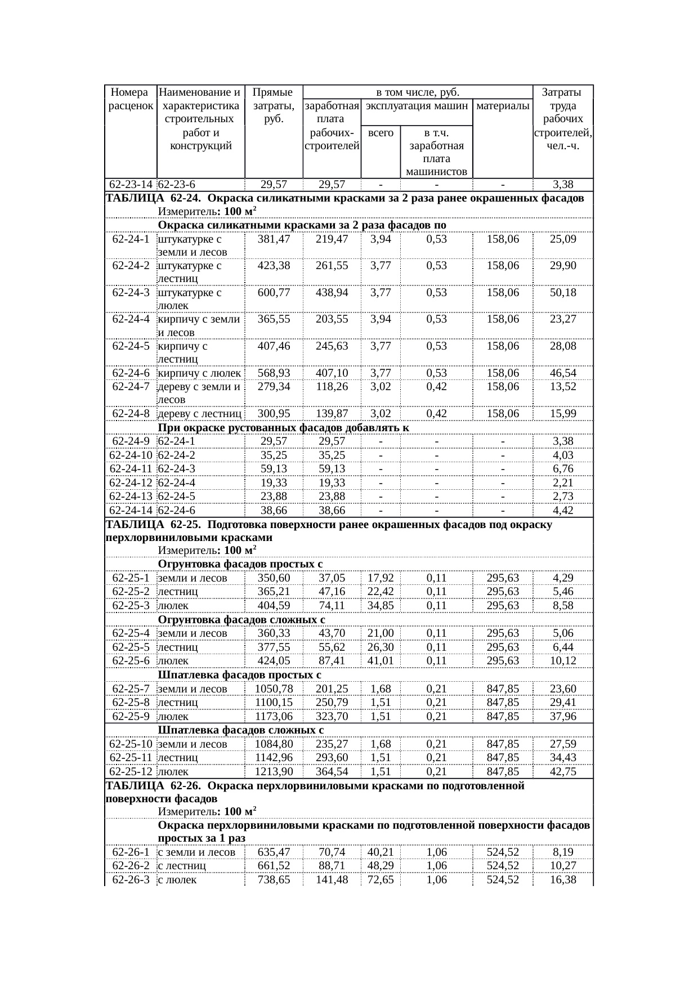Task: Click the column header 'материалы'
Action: coord(503,106)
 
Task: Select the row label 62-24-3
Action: coord(131,292)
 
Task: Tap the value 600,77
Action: coord(274,292)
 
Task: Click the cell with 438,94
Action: coord(332,292)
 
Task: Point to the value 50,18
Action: coord(563,292)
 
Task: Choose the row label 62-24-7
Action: coord(131,386)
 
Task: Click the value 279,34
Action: coord(274,386)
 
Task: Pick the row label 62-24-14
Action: coord(131,510)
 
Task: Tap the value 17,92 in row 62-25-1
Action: coord(381,578)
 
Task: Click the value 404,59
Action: coord(274,605)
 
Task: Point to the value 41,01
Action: coord(381,660)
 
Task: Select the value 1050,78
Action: coord(274,689)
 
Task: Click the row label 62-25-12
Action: coord(131,771)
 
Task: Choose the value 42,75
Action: coord(563,771)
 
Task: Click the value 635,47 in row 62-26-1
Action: coord(274,852)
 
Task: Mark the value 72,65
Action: coord(381,879)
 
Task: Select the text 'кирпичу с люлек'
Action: coord(200,373)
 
